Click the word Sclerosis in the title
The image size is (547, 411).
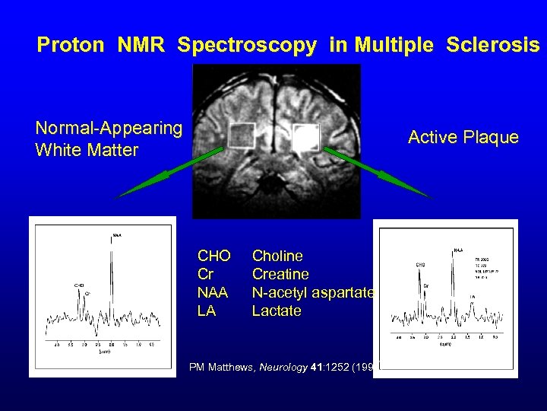(x=494, y=46)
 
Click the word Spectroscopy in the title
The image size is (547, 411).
(x=247, y=46)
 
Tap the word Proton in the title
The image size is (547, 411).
(x=71, y=46)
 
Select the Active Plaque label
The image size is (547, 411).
(x=463, y=137)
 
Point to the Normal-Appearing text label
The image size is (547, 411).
(x=109, y=128)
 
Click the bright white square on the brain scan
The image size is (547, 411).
(x=307, y=137)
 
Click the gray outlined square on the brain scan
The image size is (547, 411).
(x=242, y=135)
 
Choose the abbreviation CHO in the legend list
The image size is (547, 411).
(x=213, y=256)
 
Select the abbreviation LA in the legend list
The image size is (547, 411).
(x=207, y=311)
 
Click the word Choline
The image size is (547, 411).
(x=277, y=256)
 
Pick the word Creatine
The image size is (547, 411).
(x=280, y=274)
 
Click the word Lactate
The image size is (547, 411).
(x=277, y=311)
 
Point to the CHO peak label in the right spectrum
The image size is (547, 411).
(x=420, y=265)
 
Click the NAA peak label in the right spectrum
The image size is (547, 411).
(x=458, y=249)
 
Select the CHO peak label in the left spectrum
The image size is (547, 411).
(x=78, y=285)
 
